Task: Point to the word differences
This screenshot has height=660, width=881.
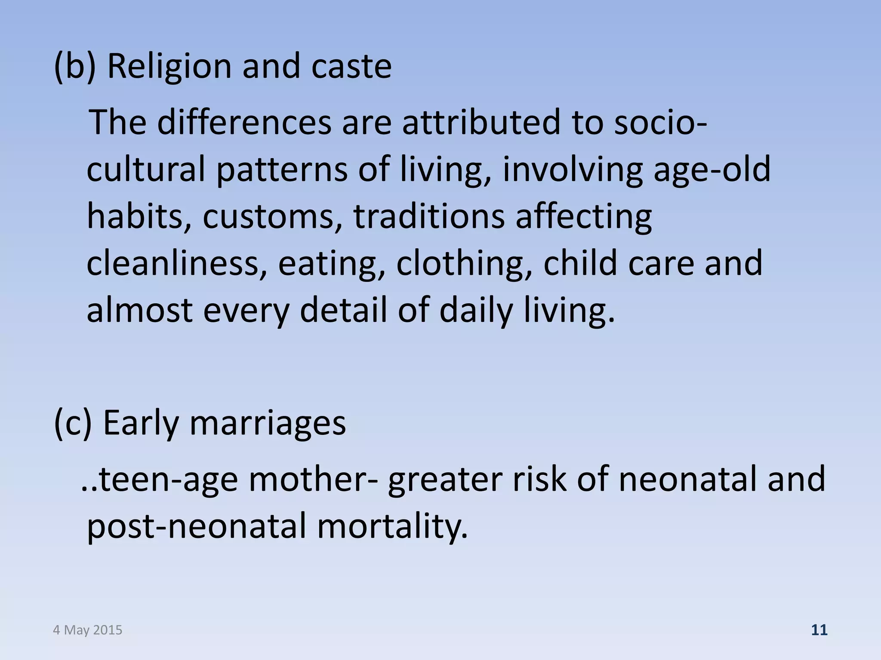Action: click(244, 122)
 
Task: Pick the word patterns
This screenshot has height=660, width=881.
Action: click(281, 169)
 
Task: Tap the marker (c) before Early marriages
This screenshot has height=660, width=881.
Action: click(73, 423)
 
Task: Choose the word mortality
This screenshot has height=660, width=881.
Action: click(392, 526)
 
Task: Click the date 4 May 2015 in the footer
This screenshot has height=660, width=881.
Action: click(88, 630)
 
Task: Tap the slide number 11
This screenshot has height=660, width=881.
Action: click(819, 630)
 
